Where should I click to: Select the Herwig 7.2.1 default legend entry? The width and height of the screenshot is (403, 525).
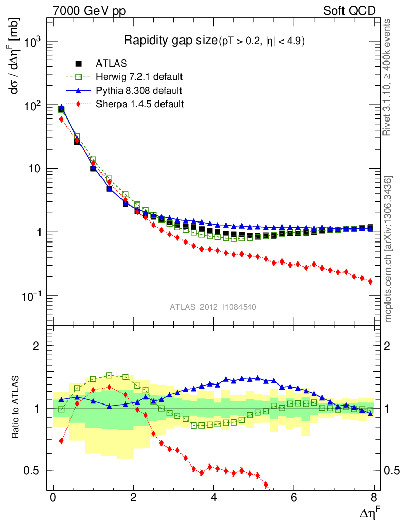139,77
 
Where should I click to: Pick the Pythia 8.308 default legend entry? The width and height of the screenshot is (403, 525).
138,91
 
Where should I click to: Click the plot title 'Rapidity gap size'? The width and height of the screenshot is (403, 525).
171,41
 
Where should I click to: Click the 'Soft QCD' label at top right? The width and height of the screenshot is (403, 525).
349,11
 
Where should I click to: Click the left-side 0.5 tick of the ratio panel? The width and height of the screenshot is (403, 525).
35,470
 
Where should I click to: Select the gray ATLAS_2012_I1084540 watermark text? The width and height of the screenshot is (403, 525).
213,307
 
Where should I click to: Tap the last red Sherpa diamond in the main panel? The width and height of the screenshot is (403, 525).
370,281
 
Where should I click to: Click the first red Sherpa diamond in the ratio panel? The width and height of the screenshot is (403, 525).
62,441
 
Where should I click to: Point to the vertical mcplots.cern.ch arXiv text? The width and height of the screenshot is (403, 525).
388,249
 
